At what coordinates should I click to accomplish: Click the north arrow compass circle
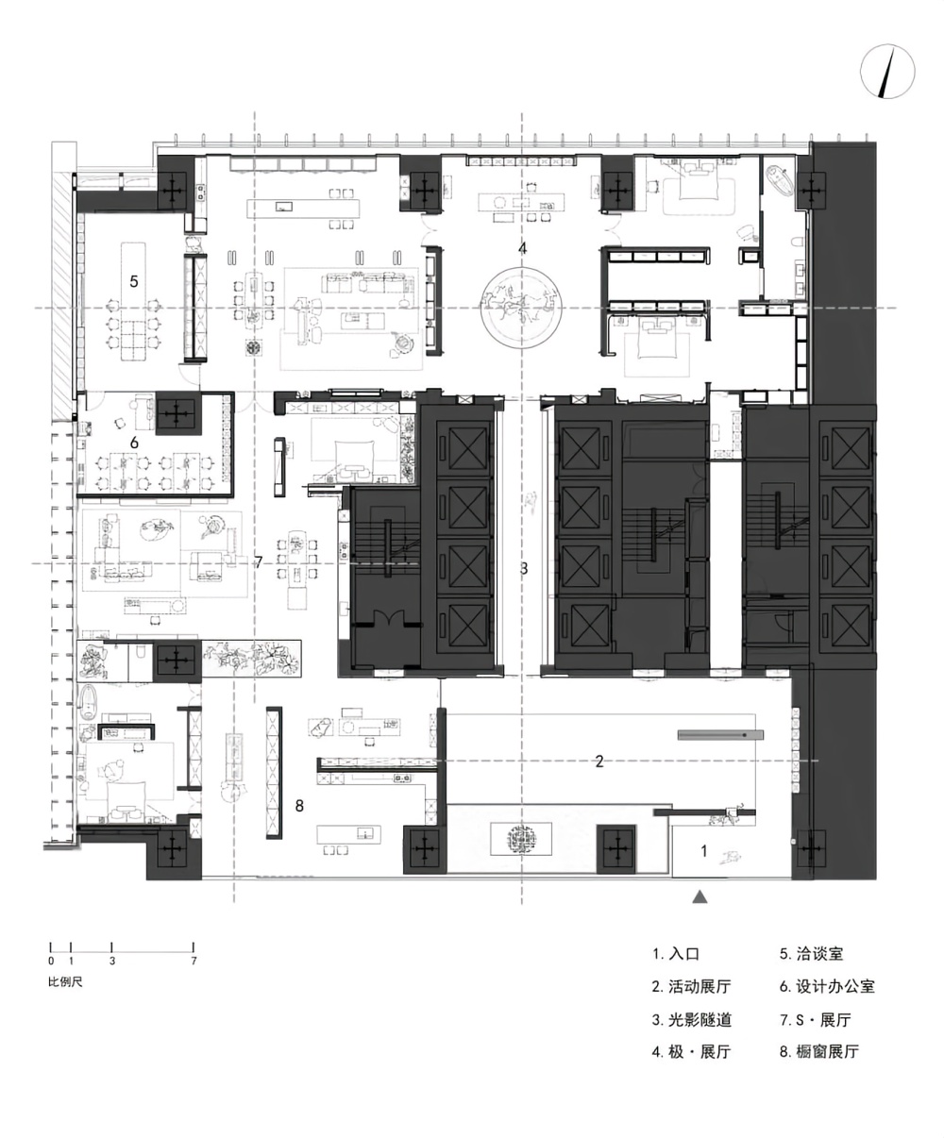pos(887,72)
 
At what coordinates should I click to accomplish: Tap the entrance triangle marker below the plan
pos(700,896)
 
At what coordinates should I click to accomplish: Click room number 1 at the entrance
pos(703,850)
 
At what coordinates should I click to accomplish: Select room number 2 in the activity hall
pos(598,761)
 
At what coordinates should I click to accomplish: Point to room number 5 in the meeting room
pos(134,281)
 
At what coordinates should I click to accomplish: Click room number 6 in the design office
pos(134,443)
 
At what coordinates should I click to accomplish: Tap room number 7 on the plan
pos(259,561)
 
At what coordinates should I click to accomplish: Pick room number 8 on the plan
pos(299,806)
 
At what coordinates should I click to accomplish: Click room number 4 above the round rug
pos(522,248)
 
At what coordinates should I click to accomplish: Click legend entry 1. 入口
pos(675,954)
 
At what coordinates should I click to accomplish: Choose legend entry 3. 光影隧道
pos(691,1019)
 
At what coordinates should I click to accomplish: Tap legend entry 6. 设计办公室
pos(827,986)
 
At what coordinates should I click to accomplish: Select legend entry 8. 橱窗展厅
pos(819,1051)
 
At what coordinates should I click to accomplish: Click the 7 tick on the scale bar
pos(194,949)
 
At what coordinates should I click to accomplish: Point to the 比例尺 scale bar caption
pos(65,982)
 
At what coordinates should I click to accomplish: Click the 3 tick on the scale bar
pos(111,949)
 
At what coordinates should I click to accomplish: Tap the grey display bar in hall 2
pos(720,735)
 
